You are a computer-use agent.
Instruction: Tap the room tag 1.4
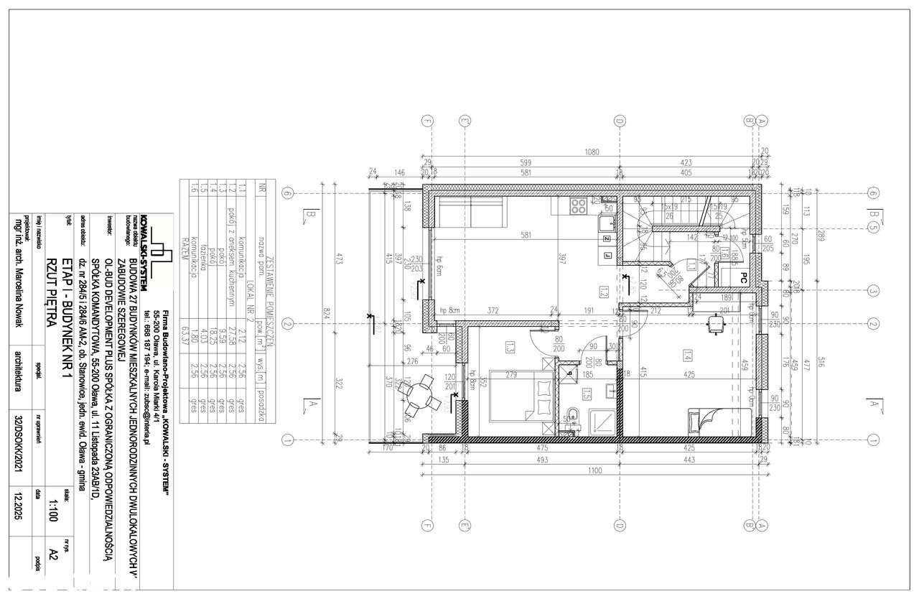[x=687, y=356]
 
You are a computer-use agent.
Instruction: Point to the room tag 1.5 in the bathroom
[x=587, y=395]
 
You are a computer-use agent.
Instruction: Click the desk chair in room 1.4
[x=715, y=324]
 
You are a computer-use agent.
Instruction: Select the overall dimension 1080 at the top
[x=592, y=152]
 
